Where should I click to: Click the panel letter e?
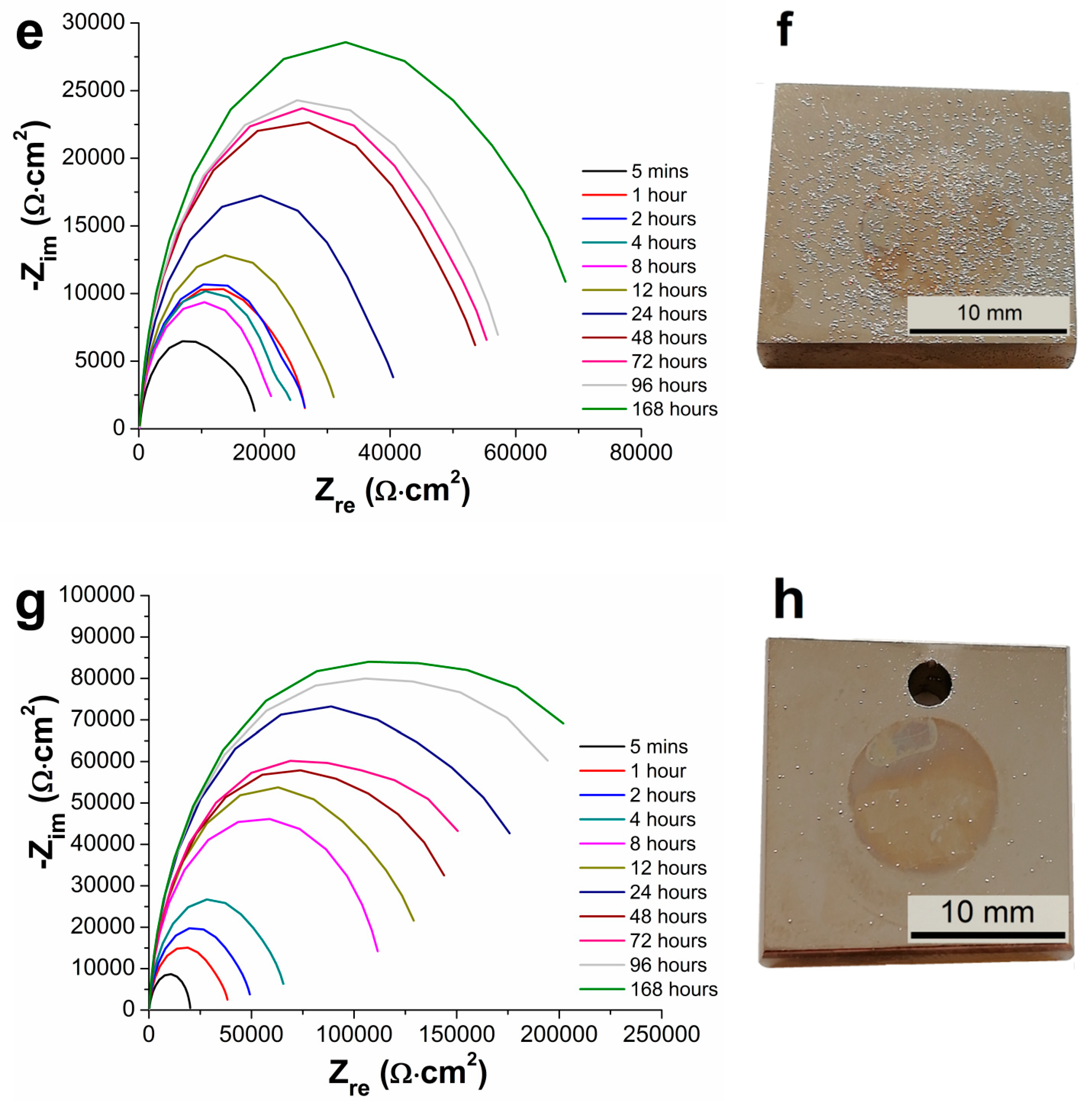click(x=30, y=34)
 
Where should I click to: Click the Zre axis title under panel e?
click(x=392, y=492)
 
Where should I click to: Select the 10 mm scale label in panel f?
click(x=988, y=313)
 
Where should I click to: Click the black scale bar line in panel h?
click(x=987, y=934)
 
